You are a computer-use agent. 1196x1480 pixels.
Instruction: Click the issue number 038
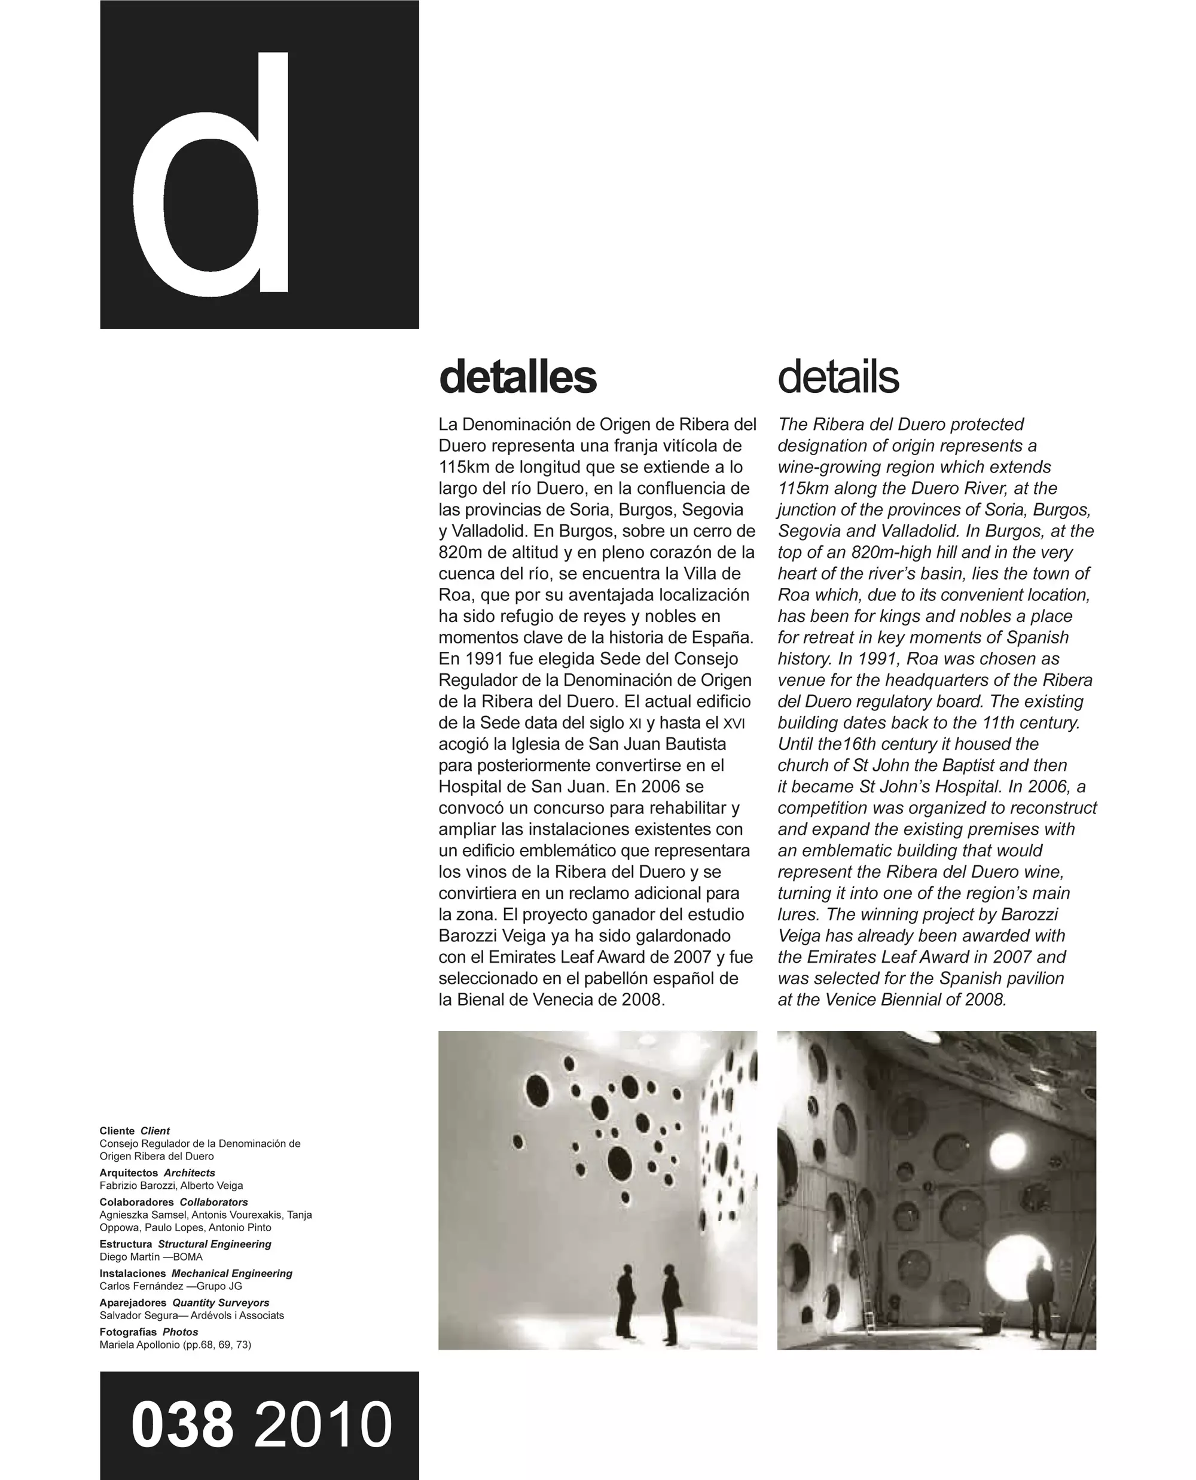point(182,1425)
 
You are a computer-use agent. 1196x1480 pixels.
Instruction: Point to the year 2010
point(323,1425)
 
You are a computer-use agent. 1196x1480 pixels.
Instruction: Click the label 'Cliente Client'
point(135,1131)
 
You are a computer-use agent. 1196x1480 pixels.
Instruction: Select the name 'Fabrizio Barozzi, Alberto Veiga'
point(171,1185)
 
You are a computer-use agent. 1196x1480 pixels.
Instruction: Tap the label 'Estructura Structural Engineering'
point(185,1244)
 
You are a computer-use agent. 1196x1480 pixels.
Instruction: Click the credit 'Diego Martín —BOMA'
point(151,1256)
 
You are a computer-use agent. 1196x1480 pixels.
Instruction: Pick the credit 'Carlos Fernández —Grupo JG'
point(171,1286)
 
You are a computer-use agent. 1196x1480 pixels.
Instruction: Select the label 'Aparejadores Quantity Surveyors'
point(184,1302)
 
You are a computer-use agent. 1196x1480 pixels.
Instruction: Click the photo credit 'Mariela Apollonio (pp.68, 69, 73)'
point(175,1344)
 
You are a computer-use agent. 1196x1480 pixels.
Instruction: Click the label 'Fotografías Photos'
point(149,1332)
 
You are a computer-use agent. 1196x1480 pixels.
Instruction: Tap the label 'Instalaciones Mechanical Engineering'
point(196,1273)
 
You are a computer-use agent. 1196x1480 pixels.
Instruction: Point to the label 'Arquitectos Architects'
point(157,1173)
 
